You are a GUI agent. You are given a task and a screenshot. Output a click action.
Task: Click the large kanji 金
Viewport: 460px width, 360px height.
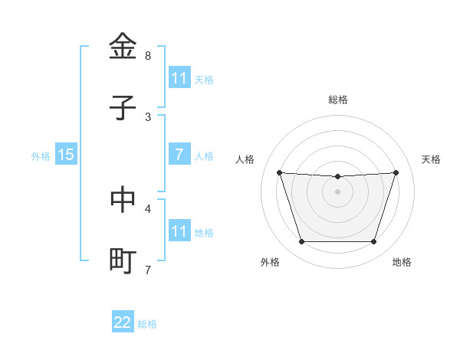click(x=123, y=46)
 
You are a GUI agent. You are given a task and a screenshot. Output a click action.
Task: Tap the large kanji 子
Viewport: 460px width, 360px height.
click(x=123, y=107)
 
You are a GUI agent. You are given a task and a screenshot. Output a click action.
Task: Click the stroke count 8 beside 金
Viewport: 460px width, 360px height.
click(x=148, y=56)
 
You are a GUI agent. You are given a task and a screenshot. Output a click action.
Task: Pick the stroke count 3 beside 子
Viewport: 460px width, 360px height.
click(x=148, y=116)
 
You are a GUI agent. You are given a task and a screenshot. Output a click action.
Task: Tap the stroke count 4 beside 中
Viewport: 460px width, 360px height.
click(x=148, y=208)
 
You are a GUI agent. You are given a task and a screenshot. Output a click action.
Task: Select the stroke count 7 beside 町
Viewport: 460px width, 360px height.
click(x=148, y=270)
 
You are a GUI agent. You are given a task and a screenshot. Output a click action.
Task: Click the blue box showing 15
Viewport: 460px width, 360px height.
click(x=66, y=155)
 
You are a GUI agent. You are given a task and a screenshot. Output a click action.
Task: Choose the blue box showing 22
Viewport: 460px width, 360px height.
click(x=123, y=322)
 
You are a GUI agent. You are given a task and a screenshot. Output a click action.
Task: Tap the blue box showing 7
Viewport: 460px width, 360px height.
click(x=179, y=155)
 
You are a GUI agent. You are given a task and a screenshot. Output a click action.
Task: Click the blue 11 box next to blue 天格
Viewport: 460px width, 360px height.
click(x=179, y=78)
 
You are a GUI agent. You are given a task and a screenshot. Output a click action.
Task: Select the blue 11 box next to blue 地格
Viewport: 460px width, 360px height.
click(x=179, y=231)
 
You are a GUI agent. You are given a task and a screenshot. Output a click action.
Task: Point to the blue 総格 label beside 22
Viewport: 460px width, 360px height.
click(x=147, y=324)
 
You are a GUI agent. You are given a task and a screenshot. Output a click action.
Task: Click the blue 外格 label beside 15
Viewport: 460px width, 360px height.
click(x=41, y=156)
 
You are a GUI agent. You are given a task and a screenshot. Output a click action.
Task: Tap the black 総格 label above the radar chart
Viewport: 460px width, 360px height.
click(x=337, y=100)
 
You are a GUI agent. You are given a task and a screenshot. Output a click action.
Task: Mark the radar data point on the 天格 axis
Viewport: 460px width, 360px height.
click(x=396, y=172)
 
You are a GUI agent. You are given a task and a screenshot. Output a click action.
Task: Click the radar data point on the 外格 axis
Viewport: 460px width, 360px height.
click(x=301, y=242)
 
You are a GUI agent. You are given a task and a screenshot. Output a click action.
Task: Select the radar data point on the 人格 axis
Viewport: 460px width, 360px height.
click(x=279, y=172)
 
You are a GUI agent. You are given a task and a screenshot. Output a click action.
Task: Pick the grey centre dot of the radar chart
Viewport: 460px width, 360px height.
click(x=337, y=191)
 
